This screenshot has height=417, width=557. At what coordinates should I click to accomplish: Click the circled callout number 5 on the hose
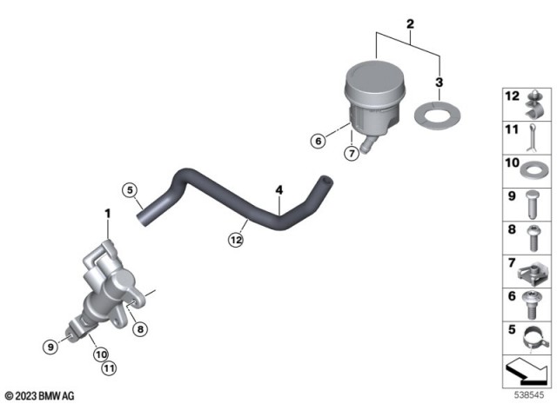coord(130,190)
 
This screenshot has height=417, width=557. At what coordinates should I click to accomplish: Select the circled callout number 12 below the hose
coord(236,242)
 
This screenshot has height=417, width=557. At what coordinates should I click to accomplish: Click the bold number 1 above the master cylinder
coord(108,213)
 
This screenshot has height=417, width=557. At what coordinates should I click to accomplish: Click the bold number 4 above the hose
coord(278,189)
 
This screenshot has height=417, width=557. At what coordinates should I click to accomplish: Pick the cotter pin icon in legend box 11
coord(535,134)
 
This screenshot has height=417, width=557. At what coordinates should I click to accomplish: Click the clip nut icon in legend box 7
coord(535,270)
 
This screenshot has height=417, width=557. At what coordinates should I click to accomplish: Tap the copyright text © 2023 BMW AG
coord(39,395)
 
